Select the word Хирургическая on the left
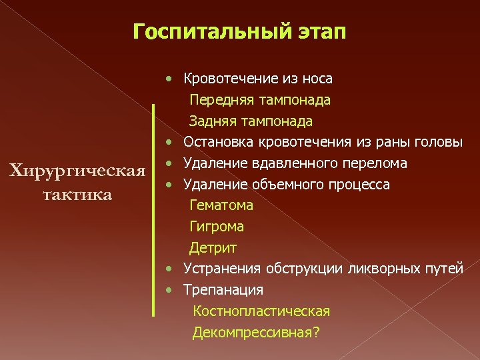tap(75, 171)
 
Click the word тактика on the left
tap(75, 195)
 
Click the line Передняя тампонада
tap(259, 100)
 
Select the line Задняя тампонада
tap(251, 121)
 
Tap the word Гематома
tap(221, 205)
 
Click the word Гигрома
tap(217, 227)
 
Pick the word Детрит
tap(213, 248)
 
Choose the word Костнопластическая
tap(261, 311)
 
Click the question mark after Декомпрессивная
tap(315, 332)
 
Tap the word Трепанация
tap(223, 290)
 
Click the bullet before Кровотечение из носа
tap(171, 79)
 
